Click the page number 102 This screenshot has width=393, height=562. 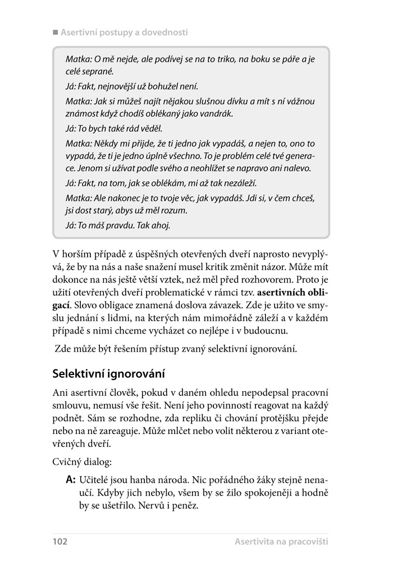pyautogui.click(x=60, y=541)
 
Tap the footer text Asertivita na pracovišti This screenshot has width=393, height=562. pyautogui.click(x=281, y=541)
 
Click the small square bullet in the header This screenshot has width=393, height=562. pyautogui.click(x=56, y=32)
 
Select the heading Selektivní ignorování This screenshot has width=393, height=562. pyautogui.click(x=110, y=373)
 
